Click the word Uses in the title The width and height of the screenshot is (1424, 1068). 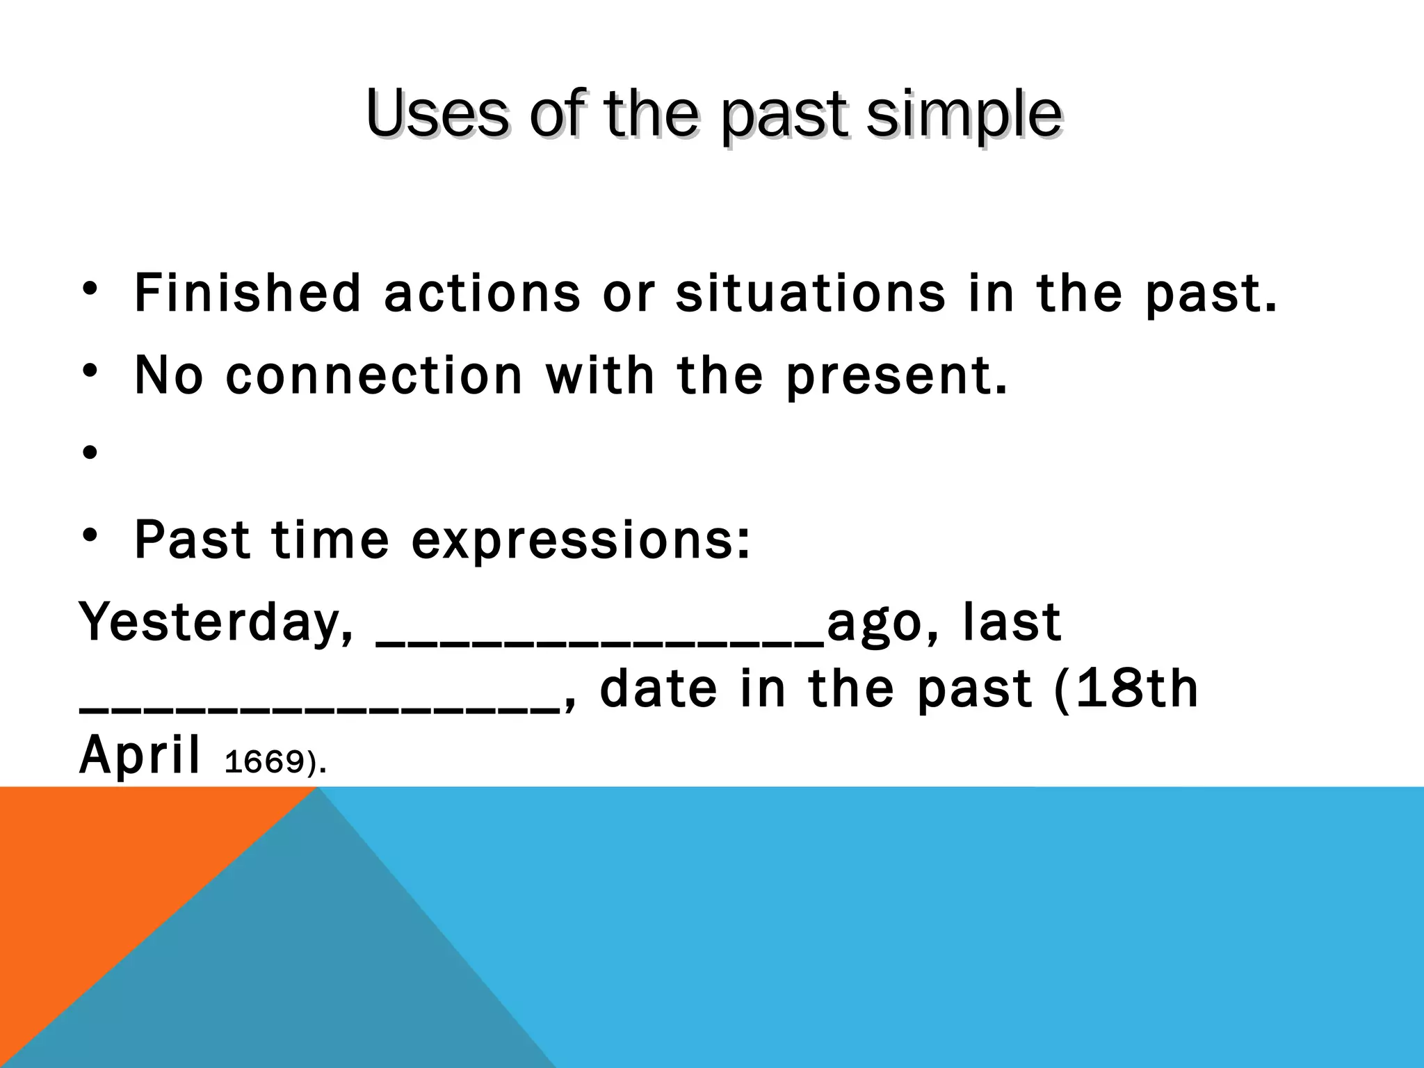(x=437, y=114)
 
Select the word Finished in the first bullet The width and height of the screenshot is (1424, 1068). (x=248, y=293)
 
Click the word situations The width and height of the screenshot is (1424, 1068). (x=811, y=293)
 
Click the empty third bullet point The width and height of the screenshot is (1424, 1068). (x=89, y=454)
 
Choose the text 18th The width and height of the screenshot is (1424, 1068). (x=1147, y=689)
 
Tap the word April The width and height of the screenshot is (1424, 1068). (x=140, y=756)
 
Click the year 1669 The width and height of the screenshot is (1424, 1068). (x=264, y=763)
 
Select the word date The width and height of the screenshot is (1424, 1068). (x=658, y=689)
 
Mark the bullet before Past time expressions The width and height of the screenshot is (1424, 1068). (x=89, y=536)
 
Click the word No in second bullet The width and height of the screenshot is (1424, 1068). (x=168, y=376)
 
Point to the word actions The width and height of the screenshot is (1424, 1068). (x=482, y=293)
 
